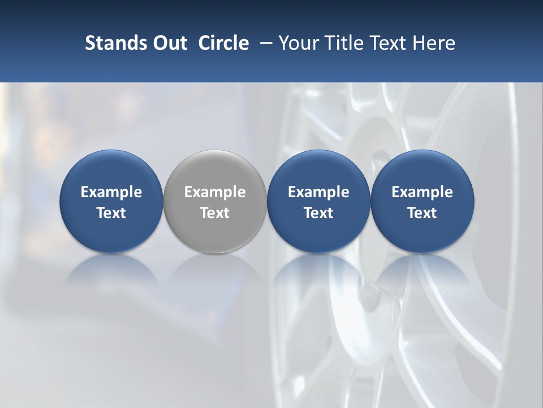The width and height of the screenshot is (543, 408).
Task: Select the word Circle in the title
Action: pyautogui.click(x=223, y=43)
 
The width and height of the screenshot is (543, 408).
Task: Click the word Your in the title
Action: pyautogui.click(x=298, y=43)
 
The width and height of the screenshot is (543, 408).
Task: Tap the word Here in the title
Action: pyautogui.click(x=434, y=43)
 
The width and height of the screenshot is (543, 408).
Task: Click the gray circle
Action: pyautogui.click(x=215, y=201)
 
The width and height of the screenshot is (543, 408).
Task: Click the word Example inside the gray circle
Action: pyautogui.click(x=215, y=192)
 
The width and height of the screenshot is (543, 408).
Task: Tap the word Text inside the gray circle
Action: pyautogui.click(x=215, y=213)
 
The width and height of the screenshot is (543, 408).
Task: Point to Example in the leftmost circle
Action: pyautogui.click(x=111, y=192)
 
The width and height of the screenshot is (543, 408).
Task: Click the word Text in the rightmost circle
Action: pyautogui.click(x=422, y=213)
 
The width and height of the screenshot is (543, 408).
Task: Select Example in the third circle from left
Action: pyautogui.click(x=318, y=192)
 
